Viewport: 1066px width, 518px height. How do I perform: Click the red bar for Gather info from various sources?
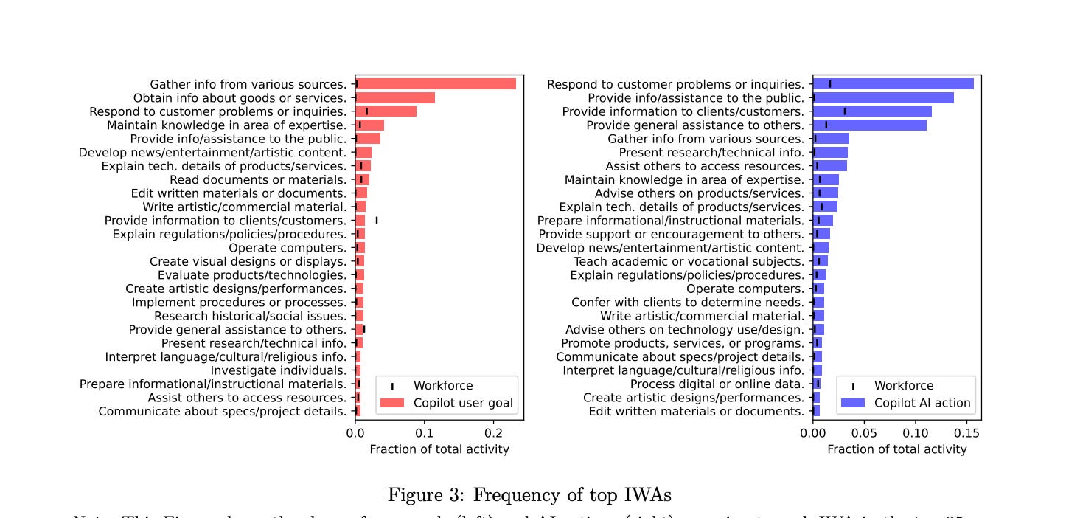coord(435,84)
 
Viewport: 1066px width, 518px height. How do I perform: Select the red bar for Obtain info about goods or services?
coord(395,97)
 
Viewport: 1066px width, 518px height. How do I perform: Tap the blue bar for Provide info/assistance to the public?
coord(883,97)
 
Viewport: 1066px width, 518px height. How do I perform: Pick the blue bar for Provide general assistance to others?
coord(870,125)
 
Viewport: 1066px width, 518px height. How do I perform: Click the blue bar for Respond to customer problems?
coord(893,84)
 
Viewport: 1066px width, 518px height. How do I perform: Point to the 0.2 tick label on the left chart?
coord(493,433)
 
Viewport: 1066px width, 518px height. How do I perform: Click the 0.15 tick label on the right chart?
coord(966,433)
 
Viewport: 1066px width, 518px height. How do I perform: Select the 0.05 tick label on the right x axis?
coord(864,433)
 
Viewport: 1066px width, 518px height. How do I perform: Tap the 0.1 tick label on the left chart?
coord(425,433)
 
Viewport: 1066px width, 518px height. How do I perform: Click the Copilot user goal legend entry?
coord(463,403)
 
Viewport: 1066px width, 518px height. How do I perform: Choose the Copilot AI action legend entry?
coord(922,403)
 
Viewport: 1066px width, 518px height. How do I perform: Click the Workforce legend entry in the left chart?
coord(442,385)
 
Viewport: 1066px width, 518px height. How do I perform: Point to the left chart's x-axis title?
coord(439,449)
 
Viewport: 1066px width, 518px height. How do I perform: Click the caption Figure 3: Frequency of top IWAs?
coord(529,494)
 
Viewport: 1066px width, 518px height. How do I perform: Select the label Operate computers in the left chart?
coord(288,248)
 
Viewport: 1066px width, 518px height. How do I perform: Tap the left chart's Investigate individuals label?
coord(279,370)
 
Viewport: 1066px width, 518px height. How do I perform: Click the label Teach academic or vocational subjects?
coord(689,261)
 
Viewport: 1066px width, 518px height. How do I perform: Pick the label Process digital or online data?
coord(717,384)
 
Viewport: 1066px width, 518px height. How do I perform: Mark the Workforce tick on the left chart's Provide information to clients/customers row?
coord(377,220)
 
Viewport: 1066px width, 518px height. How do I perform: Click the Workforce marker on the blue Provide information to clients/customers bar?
coord(845,111)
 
